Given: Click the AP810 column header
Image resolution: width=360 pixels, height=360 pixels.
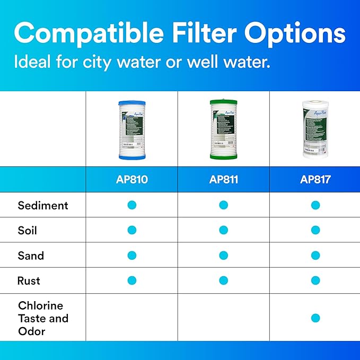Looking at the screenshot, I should coord(131,180).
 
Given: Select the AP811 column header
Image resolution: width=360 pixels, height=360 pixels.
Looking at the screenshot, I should coord(223,180).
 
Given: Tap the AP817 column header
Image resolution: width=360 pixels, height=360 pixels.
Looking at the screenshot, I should coord(315,180).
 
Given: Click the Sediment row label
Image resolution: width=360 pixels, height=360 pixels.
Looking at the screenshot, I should coord(43,205).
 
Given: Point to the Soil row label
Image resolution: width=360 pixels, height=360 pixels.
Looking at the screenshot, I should coord(28,231).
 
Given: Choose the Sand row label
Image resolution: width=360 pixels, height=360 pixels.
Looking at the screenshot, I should coord(31,256).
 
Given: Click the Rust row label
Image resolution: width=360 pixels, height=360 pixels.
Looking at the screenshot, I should coord(29,280).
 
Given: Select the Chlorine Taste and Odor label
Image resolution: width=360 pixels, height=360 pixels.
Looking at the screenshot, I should coord(43,318).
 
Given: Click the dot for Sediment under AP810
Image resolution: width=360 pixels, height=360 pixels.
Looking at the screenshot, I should coord(132,205).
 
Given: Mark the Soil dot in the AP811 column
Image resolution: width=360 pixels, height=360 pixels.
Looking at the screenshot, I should coord(223,230).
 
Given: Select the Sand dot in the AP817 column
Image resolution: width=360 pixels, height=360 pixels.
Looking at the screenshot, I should coord(315,255).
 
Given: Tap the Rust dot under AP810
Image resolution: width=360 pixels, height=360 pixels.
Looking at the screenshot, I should coord(132,280).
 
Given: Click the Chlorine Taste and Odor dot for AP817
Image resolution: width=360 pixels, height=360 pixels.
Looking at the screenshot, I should coord(315,318).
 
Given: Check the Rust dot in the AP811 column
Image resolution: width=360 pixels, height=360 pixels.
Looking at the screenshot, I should coord(223,280).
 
